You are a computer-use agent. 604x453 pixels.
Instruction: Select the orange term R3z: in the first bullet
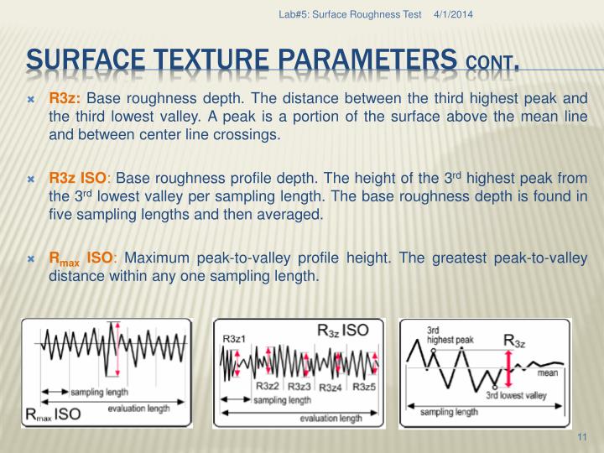65,99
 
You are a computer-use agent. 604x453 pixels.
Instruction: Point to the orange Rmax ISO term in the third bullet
81,258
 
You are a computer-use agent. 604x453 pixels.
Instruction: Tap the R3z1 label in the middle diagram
236,338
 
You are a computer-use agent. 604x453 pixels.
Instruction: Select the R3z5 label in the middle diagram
364,387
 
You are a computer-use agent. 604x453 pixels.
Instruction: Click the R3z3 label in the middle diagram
300,387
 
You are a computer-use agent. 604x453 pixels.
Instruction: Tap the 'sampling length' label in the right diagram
449,412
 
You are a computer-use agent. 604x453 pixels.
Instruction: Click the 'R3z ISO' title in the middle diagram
341,330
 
